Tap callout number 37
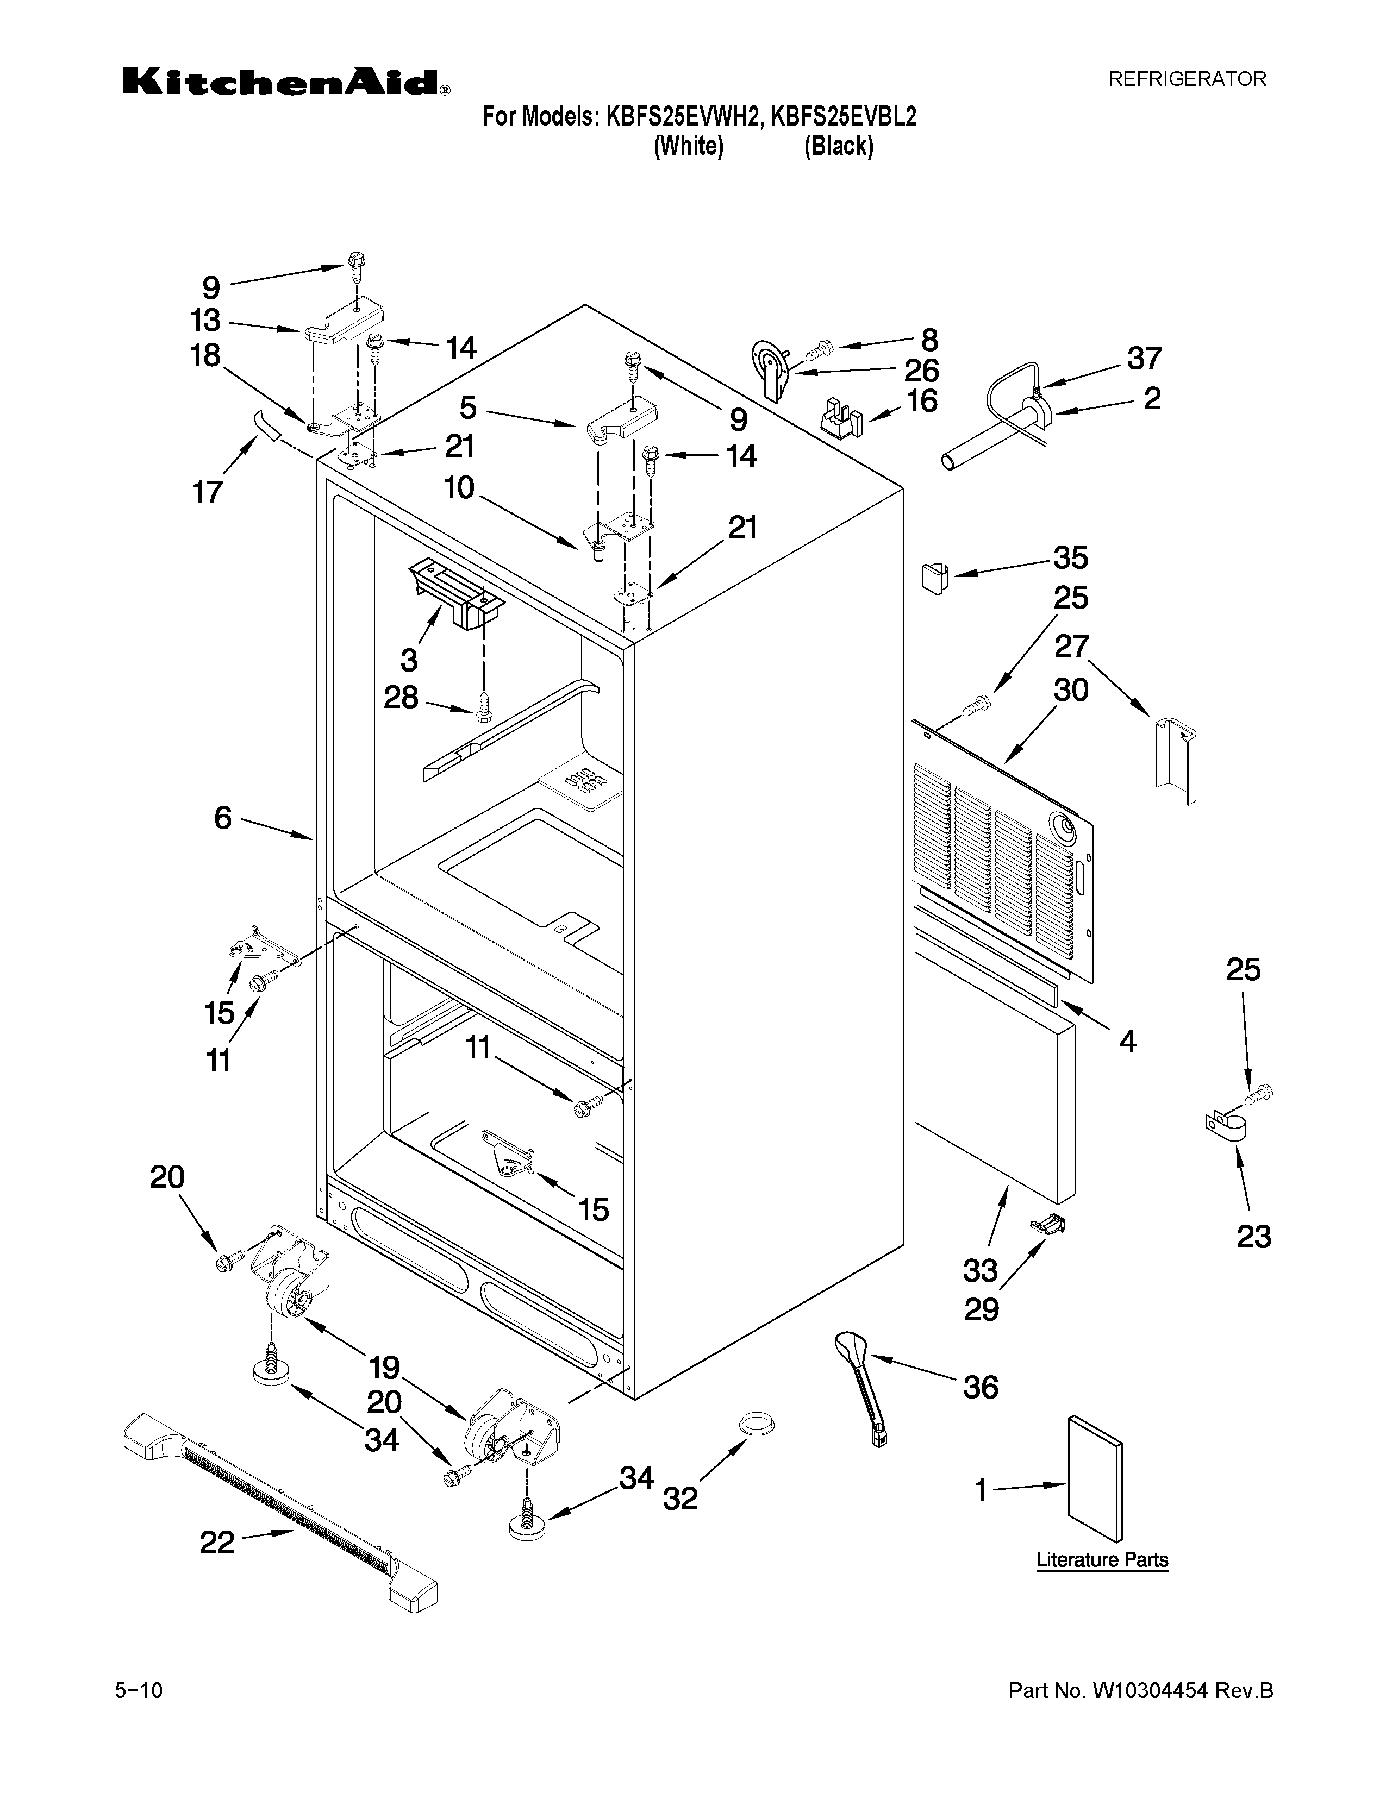point(1144,358)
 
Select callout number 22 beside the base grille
point(217,1543)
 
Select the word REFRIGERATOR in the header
point(1187,79)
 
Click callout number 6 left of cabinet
point(223,818)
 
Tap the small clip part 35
point(931,577)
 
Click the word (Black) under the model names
point(838,146)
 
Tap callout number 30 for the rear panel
point(1071,689)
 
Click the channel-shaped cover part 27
point(1175,756)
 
